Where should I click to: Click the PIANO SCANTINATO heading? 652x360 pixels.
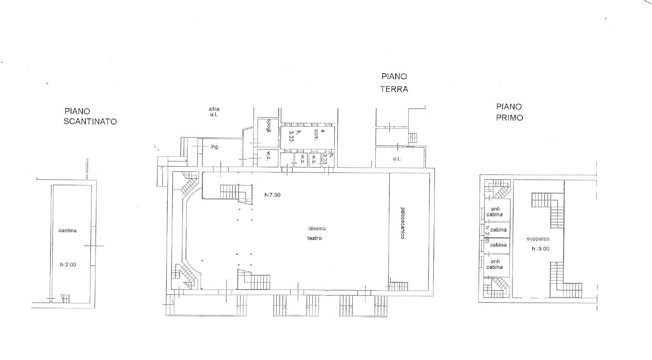click(x=90, y=116)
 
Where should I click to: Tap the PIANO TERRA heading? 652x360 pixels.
click(x=394, y=83)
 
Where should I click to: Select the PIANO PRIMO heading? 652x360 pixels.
click(x=509, y=112)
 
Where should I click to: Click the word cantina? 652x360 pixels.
click(x=67, y=230)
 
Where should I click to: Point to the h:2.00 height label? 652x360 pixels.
click(x=68, y=265)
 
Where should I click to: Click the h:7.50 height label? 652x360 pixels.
click(x=273, y=195)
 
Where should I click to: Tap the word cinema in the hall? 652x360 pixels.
click(x=317, y=228)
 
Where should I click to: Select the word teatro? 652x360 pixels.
click(x=314, y=238)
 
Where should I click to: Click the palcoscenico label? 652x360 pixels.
click(x=402, y=223)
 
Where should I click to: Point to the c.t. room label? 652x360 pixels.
click(x=397, y=159)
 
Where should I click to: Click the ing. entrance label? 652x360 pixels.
click(x=215, y=147)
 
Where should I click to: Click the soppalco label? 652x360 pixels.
click(x=538, y=239)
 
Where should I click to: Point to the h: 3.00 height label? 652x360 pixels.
click(x=541, y=249)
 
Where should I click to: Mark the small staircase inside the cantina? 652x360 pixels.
click(x=65, y=298)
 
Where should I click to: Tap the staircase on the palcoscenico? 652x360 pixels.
click(x=398, y=286)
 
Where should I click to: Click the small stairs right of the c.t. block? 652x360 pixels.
click(x=413, y=138)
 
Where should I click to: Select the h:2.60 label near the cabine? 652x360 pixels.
click(x=487, y=234)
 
